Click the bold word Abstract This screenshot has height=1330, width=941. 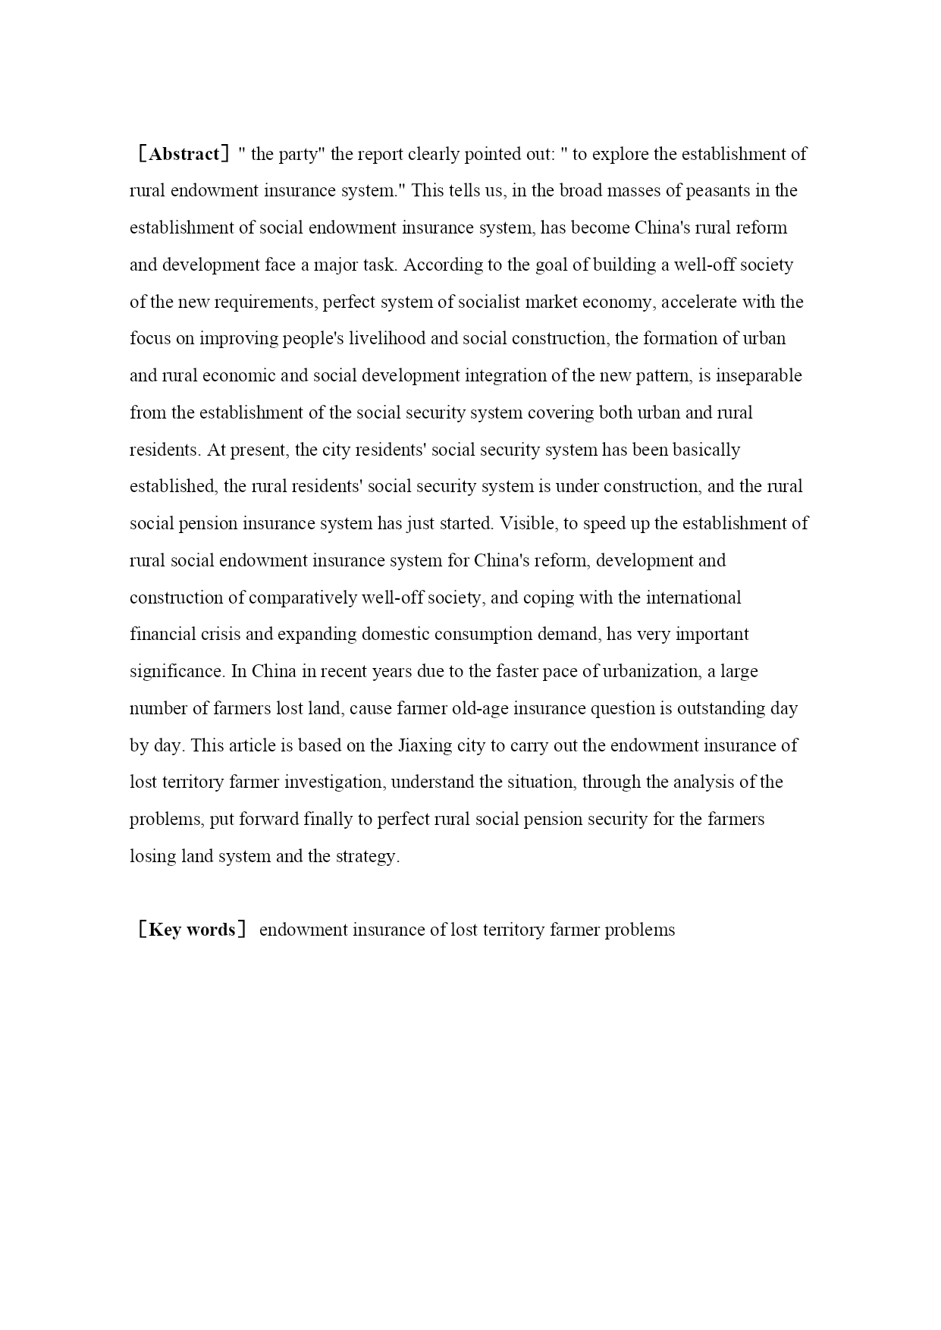pyautogui.click(x=184, y=154)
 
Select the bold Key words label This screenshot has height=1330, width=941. pyautogui.click(x=192, y=930)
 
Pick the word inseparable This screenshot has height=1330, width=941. pyautogui.click(x=759, y=375)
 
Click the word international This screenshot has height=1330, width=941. pyautogui.click(x=694, y=598)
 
